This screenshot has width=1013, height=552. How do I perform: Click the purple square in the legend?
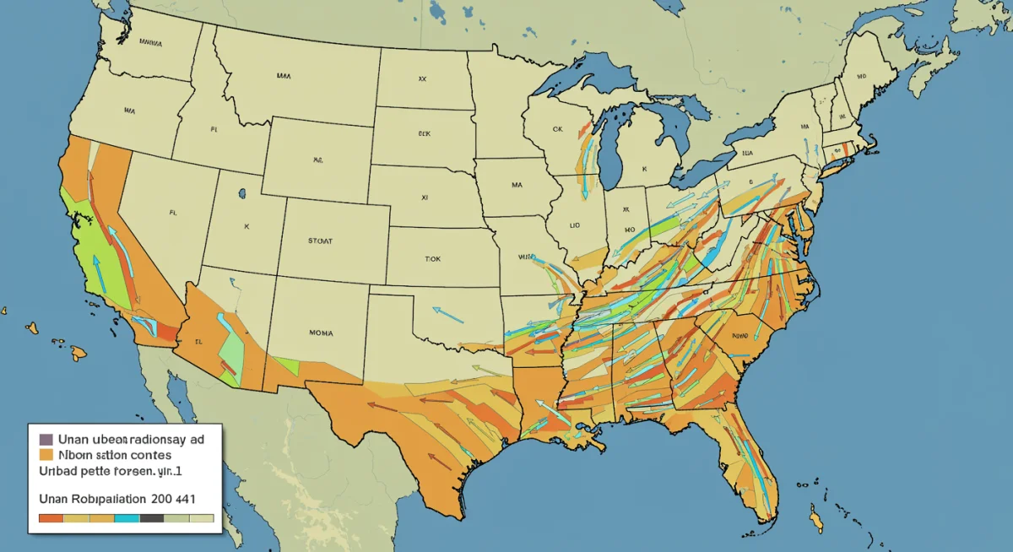coord(46,439)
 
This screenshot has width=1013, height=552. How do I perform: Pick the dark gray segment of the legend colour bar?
coord(151,517)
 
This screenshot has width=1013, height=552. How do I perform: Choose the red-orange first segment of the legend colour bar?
coord(51,517)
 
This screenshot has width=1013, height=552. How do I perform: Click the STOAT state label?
coord(320,241)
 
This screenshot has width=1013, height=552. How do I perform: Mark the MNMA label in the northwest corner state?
coord(151,41)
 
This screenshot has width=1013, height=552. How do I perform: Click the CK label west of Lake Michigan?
coord(556,130)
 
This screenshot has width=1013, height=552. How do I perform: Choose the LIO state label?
coord(574,225)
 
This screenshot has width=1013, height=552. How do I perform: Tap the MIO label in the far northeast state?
coord(861,75)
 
